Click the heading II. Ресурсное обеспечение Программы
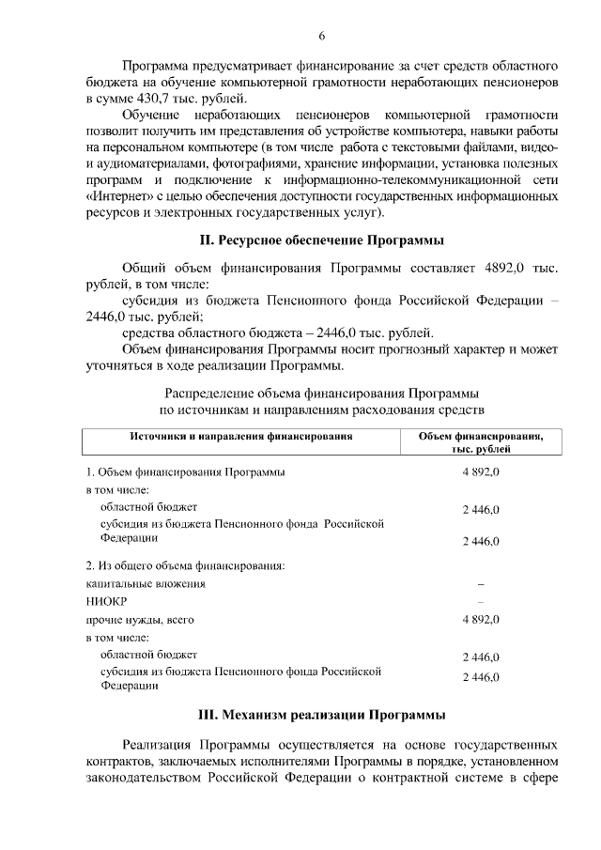click(x=321, y=240)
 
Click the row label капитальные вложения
click(x=146, y=583)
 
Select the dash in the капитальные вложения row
click(x=481, y=584)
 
